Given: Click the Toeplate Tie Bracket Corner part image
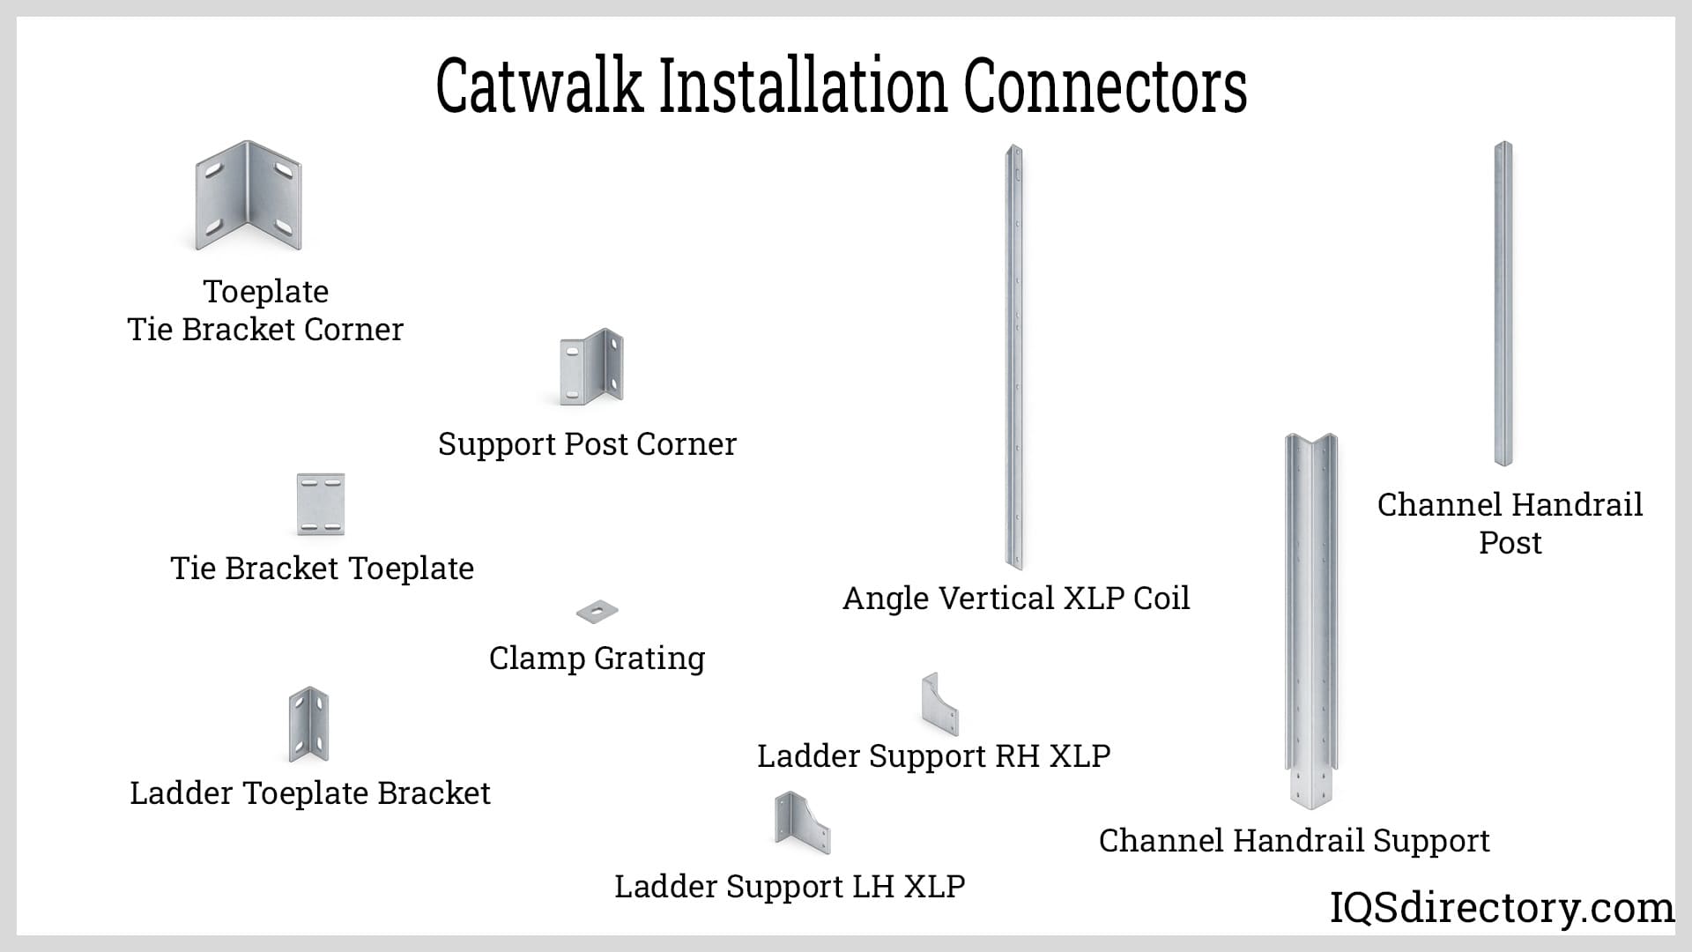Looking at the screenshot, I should coord(248,196).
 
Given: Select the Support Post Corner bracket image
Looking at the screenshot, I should coord(591,368).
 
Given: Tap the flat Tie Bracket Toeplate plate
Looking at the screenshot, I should coord(321,504).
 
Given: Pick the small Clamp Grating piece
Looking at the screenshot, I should coord(597,611).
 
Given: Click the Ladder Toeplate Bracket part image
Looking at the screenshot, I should coord(308,725).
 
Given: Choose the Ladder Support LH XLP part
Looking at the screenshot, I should coord(801,823).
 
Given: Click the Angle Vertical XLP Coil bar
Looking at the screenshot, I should coord(1014,357).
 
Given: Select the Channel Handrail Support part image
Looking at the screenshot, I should coord(1310,617).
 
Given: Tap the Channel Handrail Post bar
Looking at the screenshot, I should coord(1503,304).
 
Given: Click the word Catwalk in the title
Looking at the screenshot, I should coord(539,86).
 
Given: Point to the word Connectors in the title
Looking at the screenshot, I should coord(1105,86).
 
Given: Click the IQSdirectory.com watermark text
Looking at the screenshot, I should coord(1502,908).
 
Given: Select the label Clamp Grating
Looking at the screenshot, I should coord(597,658).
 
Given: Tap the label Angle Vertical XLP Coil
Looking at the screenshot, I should coord(1016,599).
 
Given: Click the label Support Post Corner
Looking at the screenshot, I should coord(587,444).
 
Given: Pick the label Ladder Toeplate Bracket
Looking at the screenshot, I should coord(309,793).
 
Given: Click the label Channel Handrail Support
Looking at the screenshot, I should coord(1294,841).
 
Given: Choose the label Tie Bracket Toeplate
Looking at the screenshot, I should coord(322,569).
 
